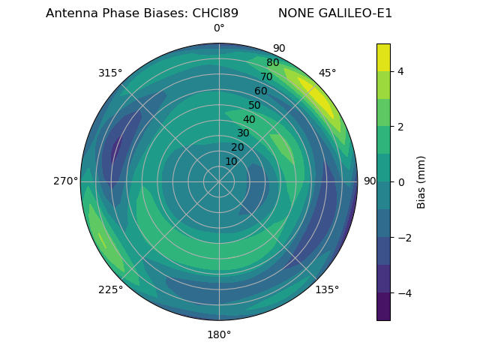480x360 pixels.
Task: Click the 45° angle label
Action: pos(327,73)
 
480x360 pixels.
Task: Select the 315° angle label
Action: pos(110,73)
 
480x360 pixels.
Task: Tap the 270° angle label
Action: pos(65,181)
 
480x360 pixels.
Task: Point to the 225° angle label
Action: pos(110,290)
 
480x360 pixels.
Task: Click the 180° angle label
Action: pos(219,334)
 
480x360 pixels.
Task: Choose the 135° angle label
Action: pos(327,290)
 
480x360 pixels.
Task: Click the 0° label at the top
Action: pos(219,28)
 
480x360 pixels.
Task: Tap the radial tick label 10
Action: pos(231,161)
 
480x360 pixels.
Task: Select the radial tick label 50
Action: pos(254,106)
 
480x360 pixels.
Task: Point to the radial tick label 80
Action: pos(272,63)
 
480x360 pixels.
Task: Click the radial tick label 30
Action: pos(243,133)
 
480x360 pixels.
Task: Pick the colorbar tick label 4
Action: pos(401,71)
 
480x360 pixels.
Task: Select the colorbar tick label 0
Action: pos(401,182)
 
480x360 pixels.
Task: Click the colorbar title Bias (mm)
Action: pos(421,182)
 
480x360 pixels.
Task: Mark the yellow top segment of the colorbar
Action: pos(383,57)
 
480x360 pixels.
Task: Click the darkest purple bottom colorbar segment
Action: pos(383,307)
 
